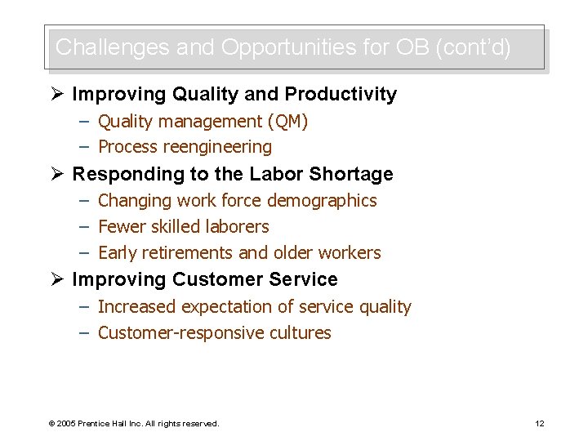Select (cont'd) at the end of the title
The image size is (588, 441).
click(474, 47)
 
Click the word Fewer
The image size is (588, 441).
click(120, 227)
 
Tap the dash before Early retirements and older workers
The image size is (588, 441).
click(85, 253)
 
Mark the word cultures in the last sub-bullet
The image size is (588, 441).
click(302, 333)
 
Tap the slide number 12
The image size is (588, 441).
click(539, 423)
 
